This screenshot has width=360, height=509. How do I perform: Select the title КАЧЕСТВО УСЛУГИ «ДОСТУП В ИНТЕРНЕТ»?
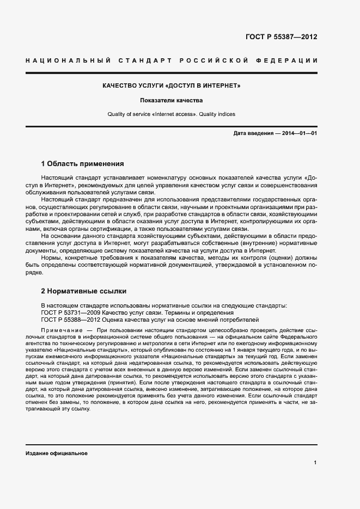[172, 86]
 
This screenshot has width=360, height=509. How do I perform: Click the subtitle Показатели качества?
[172, 101]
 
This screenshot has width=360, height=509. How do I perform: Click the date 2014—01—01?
[299, 133]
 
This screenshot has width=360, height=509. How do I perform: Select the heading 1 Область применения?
[83, 163]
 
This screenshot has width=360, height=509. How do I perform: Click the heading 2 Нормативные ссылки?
[84, 291]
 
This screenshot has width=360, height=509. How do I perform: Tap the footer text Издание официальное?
[57, 453]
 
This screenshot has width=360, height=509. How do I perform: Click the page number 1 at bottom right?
[315, 463]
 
